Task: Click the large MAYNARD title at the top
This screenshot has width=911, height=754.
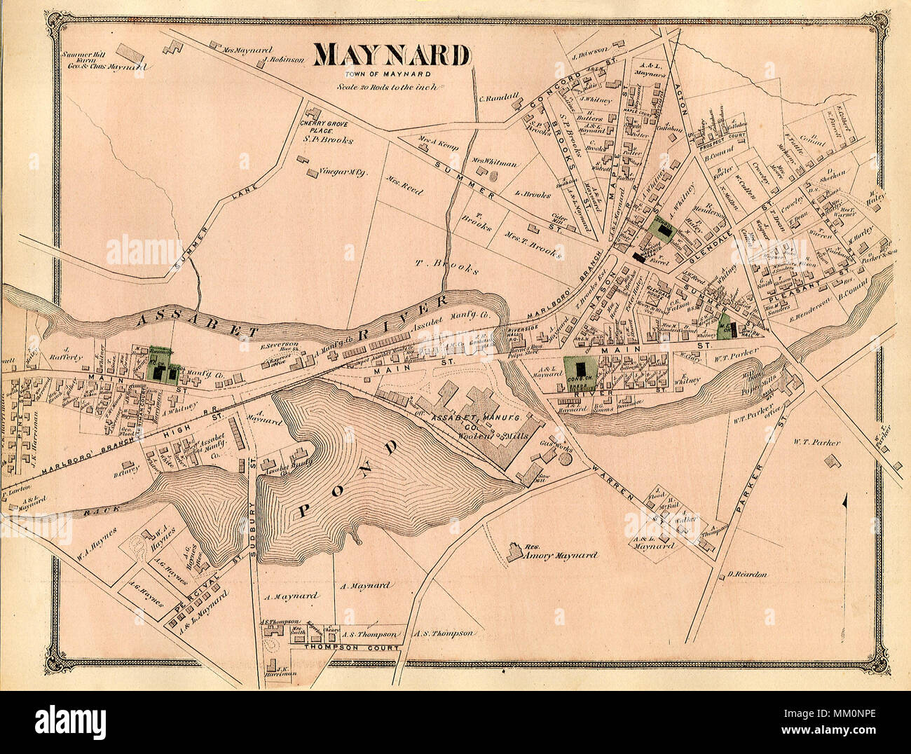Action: click(x=392, y=55)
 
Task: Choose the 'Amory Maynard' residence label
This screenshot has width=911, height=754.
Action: click(x=561, y=555)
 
